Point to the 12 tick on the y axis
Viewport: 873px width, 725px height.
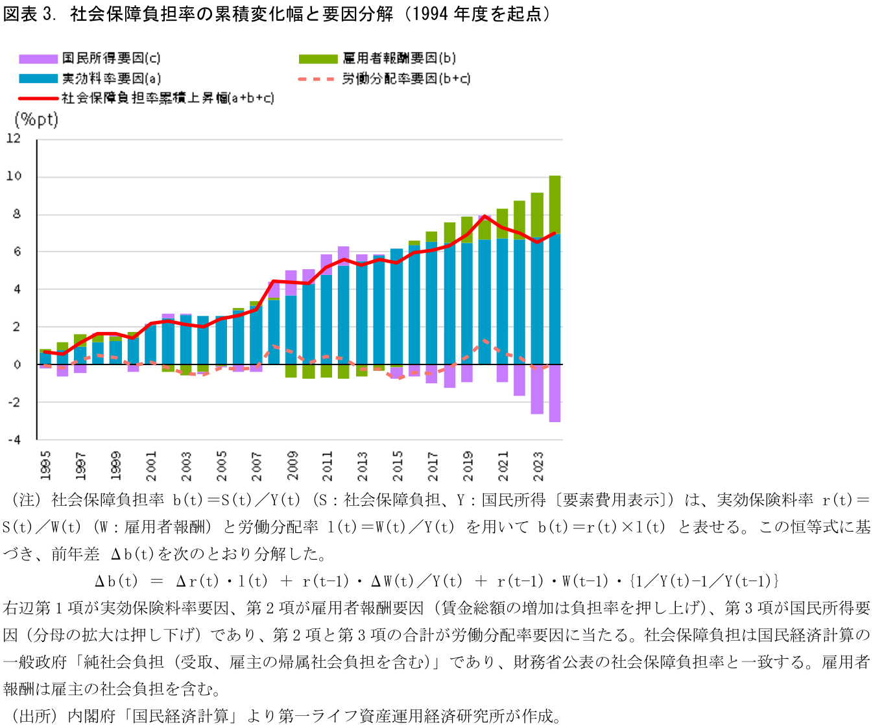point(14,138)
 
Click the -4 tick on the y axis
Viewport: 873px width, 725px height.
point(14,440)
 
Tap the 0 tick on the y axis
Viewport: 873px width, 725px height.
point(17,364)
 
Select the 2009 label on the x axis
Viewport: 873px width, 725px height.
point(293,466)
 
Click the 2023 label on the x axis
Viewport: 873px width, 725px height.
point(538,466)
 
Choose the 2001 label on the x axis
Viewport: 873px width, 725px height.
point(151,466)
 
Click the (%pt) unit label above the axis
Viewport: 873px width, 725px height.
point(36,119)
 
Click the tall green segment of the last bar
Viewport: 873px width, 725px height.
point(555,205)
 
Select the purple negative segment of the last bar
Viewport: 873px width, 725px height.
point(555,393)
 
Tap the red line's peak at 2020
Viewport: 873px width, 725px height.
point(484,216)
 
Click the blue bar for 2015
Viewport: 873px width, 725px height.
point(396,307)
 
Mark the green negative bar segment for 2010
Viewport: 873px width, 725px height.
point(309,372)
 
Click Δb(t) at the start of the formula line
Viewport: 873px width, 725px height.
point(116,581)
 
